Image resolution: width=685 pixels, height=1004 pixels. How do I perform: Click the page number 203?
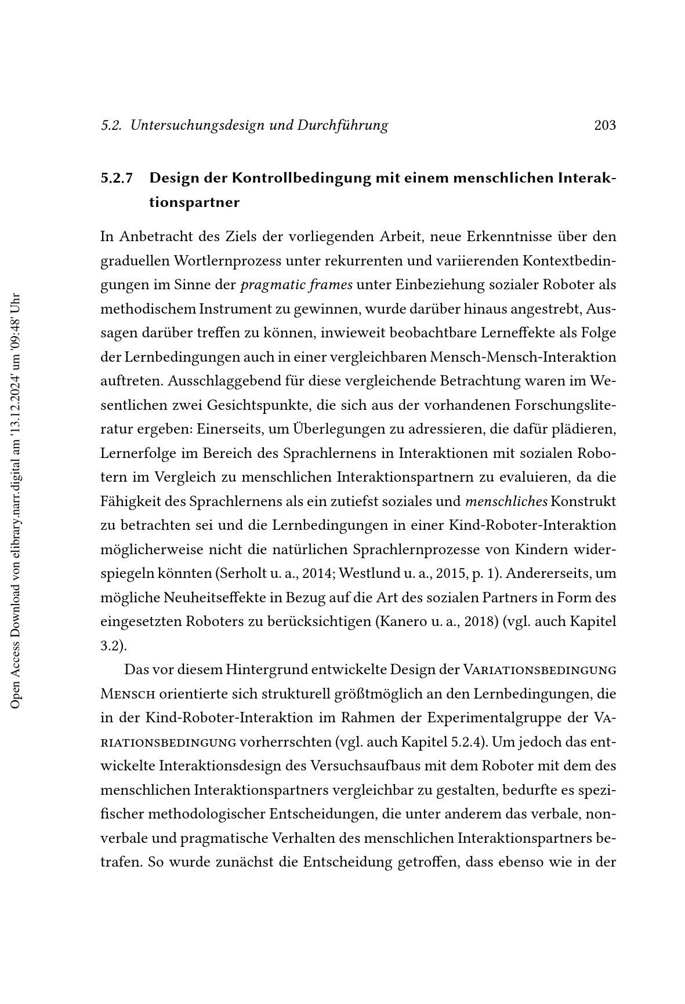(605, 125)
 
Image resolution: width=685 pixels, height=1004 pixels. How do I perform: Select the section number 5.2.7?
(117, 178)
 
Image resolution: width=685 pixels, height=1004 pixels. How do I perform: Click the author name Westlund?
(364, 574)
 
